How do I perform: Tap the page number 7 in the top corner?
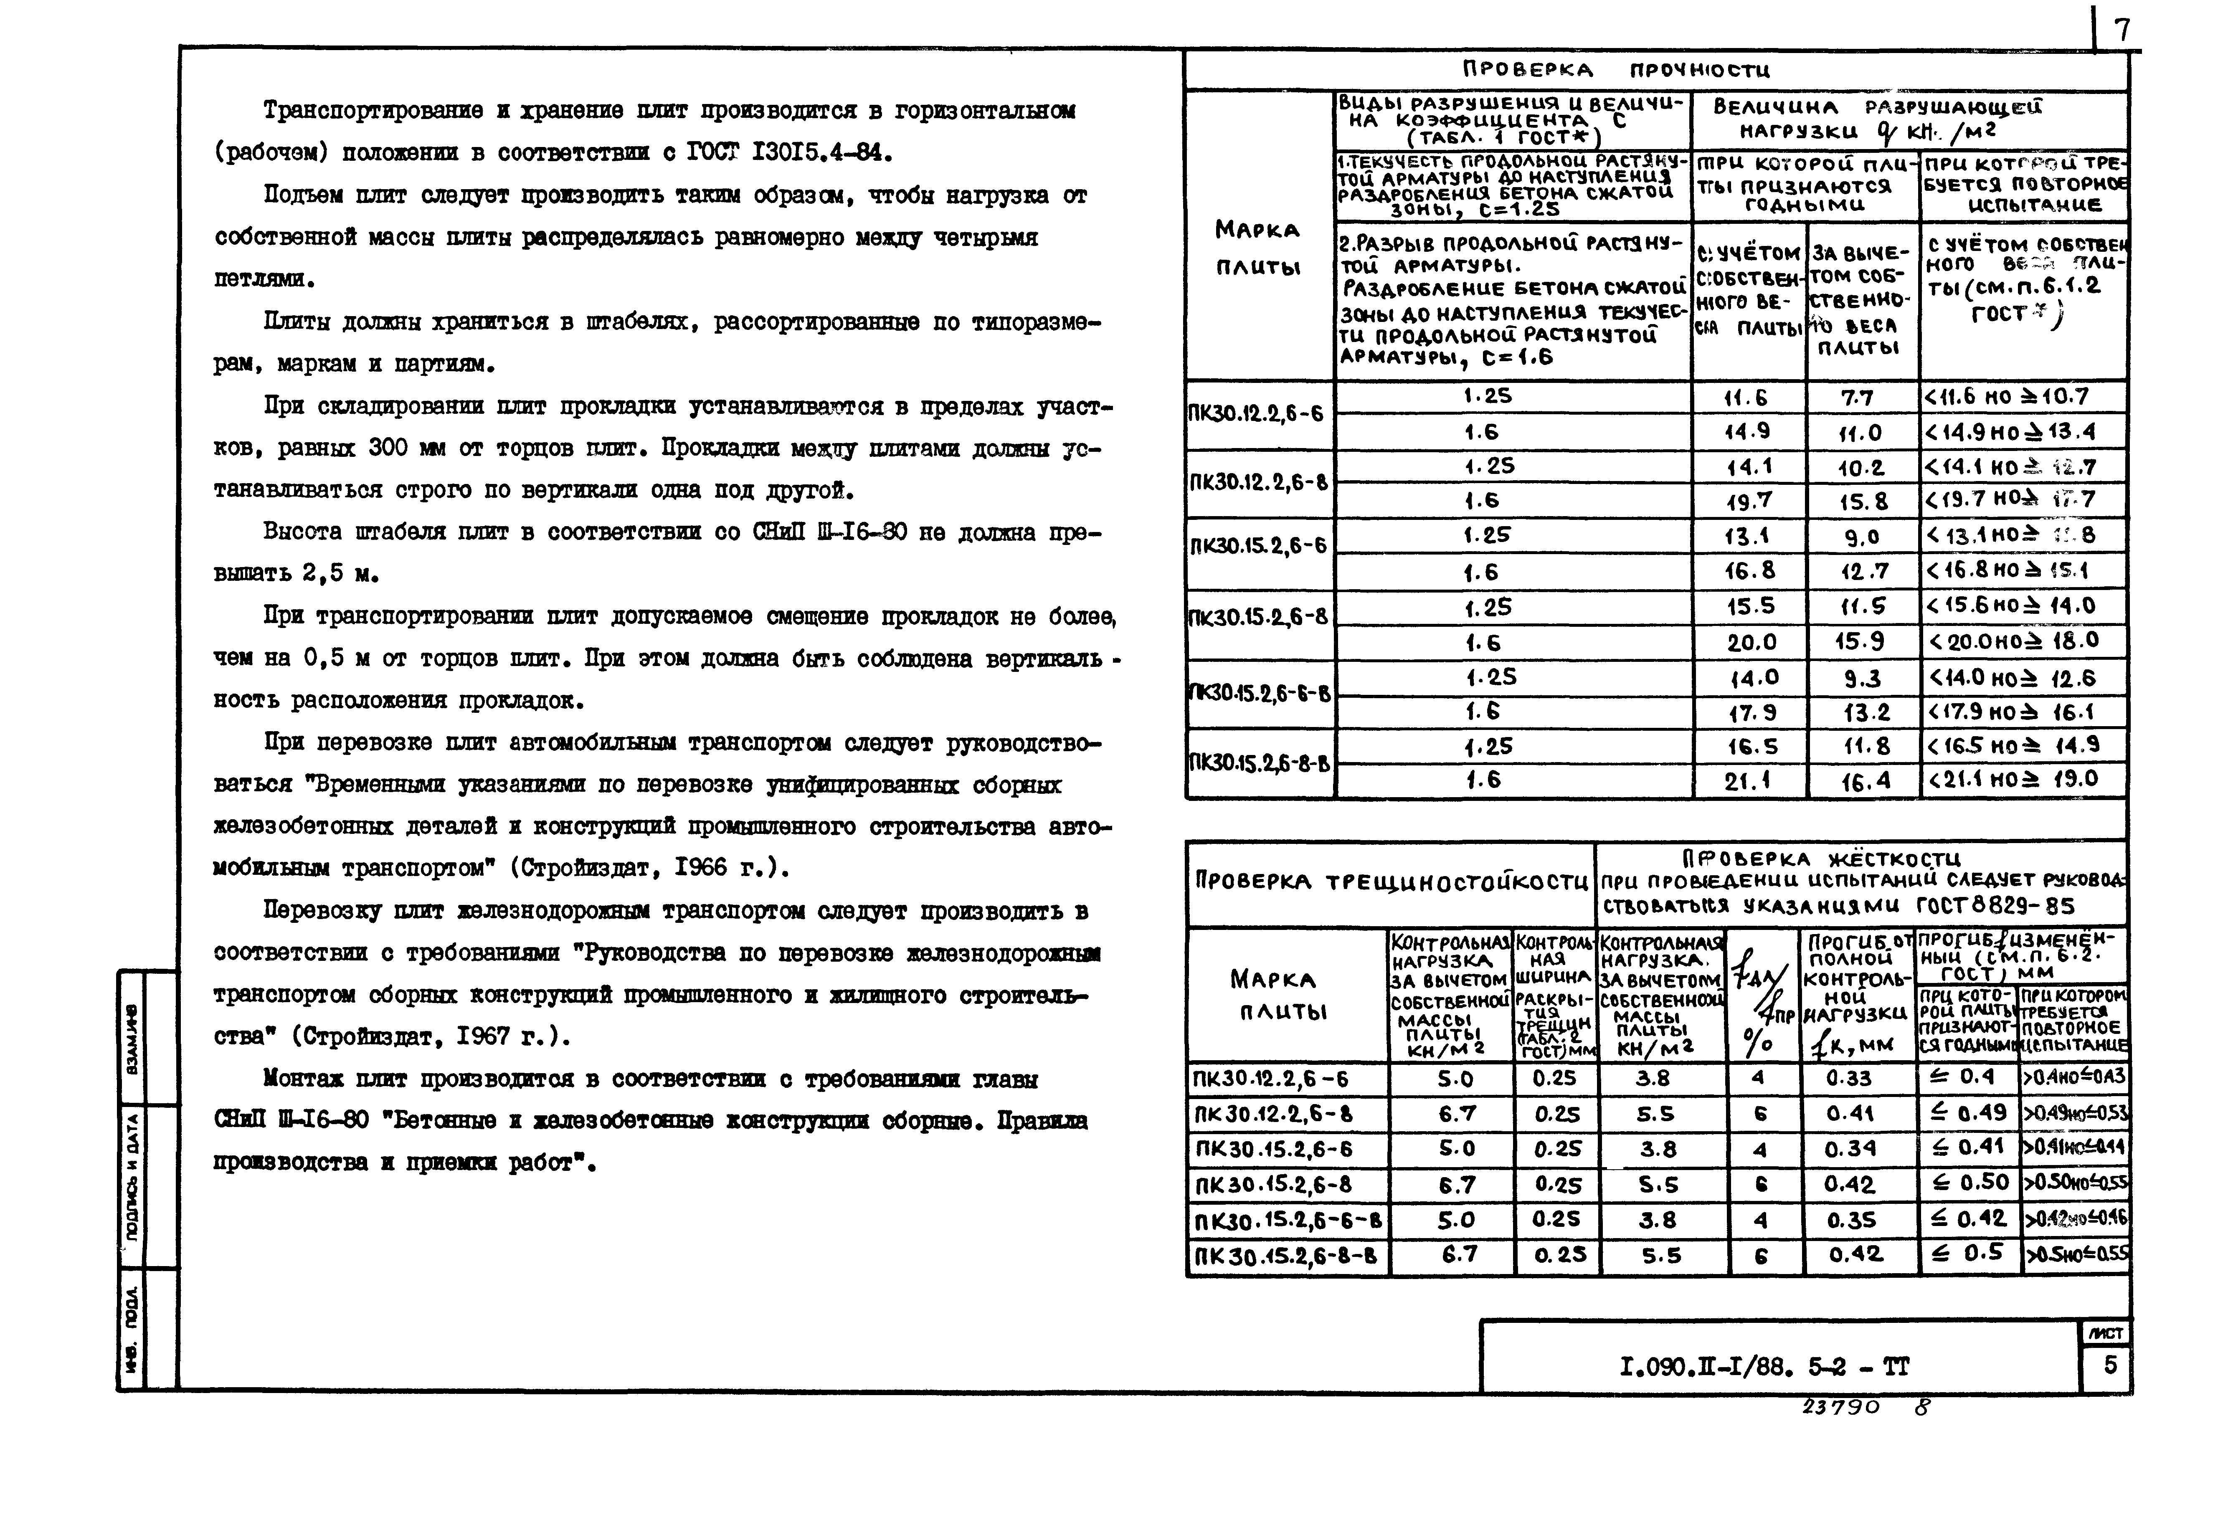point(2121,31)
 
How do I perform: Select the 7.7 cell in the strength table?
point(1856,397)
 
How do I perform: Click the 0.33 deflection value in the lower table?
point(1849,1078)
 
